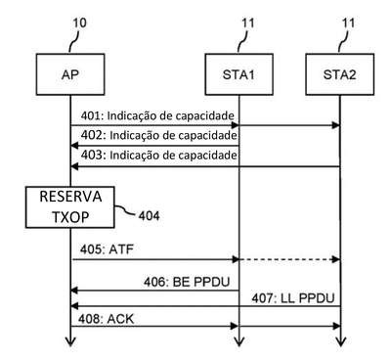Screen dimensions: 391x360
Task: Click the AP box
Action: [70, 74]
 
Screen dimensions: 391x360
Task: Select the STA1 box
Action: [239, 74]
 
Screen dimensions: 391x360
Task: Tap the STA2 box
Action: [339, 74]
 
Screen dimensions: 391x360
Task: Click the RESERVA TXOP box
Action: [70, 207]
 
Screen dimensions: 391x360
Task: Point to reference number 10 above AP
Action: [79, 23]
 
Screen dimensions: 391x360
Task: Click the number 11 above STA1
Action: [248, 23]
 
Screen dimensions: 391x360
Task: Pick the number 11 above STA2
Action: [348, 23]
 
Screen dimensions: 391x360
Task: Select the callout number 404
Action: [149, 216]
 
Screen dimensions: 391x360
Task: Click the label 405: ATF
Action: [107, 249]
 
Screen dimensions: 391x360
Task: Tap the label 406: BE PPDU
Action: [187, 282]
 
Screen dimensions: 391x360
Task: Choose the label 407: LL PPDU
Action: [293, 298]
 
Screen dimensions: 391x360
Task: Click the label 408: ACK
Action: [106, 319]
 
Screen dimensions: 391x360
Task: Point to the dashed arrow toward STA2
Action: [289, 259]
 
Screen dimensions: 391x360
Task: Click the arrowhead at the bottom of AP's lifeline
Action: [70, 341]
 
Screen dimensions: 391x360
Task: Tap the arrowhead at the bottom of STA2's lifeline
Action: [340, 341]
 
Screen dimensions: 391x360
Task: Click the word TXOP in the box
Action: [70, 217]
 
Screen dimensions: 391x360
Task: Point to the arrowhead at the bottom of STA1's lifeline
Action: [239, 341]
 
